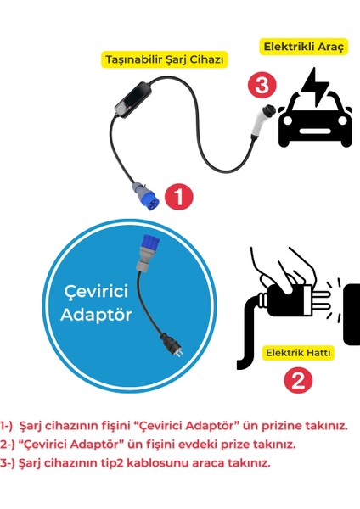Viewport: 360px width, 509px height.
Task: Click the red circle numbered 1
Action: (x=178, y=197)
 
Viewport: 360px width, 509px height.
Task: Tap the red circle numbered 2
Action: (x=296, y=380)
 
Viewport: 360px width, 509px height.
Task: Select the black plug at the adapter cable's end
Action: (x=169, y=343)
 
